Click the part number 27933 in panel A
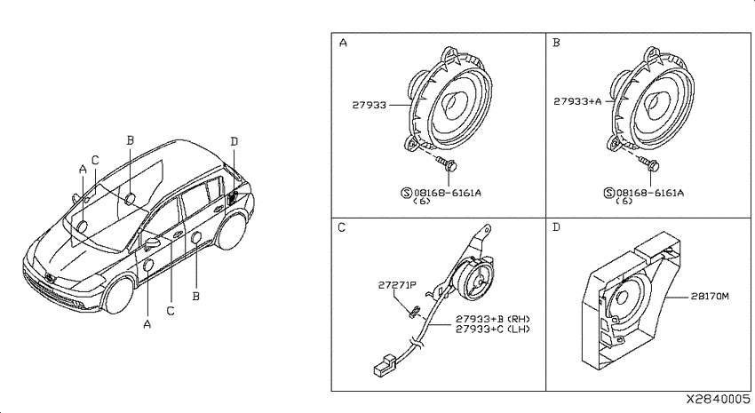coord(370,105)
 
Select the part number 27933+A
coord(578,101)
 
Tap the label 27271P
coord(397,285)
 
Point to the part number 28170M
coord(710,297)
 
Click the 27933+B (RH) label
coord(493,319)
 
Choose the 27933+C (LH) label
coord(493,330)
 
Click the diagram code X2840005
coord(718,399)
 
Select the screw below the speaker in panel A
coord(447,163)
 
